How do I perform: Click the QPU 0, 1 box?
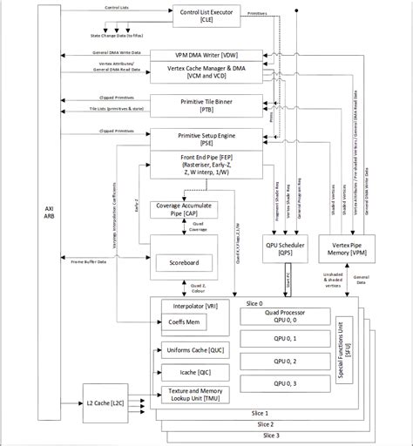point(282,338)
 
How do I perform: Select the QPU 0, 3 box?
point(282,383)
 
